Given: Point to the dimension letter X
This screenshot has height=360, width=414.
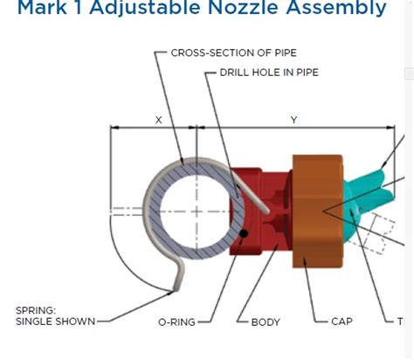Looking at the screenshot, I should tap(158, 120).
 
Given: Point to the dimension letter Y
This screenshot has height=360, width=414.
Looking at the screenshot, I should tap(293, 120).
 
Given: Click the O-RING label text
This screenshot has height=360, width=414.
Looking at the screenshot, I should tap(178, 322).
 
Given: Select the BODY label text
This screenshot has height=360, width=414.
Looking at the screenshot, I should tap(266, 322).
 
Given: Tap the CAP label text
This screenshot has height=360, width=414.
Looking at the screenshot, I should tap(342, 322).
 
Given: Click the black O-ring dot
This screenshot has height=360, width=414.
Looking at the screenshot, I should tap(248, 233).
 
